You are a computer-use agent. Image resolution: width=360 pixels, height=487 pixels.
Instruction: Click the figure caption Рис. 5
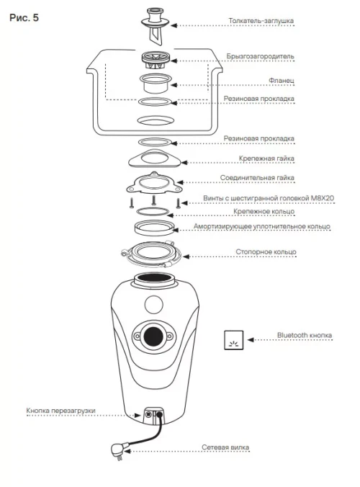point(24,18)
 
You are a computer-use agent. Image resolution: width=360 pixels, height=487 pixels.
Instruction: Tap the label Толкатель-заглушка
point(261,21)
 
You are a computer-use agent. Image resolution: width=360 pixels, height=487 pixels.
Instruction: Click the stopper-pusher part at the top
point(156,27)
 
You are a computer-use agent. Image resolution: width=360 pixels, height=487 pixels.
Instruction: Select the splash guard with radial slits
point(156,61)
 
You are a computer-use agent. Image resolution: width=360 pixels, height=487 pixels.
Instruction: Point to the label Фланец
point(282,81)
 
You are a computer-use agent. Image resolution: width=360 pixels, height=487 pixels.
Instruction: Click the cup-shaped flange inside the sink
point(156,83)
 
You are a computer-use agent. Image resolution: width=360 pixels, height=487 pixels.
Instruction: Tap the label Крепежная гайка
point(266,158)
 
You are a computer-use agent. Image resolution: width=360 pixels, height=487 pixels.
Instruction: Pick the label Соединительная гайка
point(257,178)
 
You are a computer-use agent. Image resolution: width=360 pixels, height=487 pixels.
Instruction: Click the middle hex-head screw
point(153,200)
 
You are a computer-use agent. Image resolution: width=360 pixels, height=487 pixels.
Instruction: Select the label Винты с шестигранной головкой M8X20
point(269,198)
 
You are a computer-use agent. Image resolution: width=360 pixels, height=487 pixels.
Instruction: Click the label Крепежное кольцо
point(264,212)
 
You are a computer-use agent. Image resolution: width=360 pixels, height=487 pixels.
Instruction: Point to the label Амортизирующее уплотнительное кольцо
point(261,226)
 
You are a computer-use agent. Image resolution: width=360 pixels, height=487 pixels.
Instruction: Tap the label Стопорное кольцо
point(266,251)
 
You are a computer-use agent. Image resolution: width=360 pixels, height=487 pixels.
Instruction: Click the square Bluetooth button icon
point(234,340)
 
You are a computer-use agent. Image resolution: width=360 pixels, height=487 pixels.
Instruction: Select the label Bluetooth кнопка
point(304,336)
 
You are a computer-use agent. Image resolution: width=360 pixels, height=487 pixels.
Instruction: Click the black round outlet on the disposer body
point(154,336)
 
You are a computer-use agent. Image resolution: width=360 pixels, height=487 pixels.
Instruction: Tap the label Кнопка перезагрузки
point(60,411)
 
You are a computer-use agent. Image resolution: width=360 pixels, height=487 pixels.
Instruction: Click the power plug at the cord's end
point(118,450)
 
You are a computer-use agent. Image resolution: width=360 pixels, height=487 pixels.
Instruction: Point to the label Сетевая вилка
point(225,447)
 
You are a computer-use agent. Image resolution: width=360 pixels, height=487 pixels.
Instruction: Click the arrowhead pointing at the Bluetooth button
point(250,340)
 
